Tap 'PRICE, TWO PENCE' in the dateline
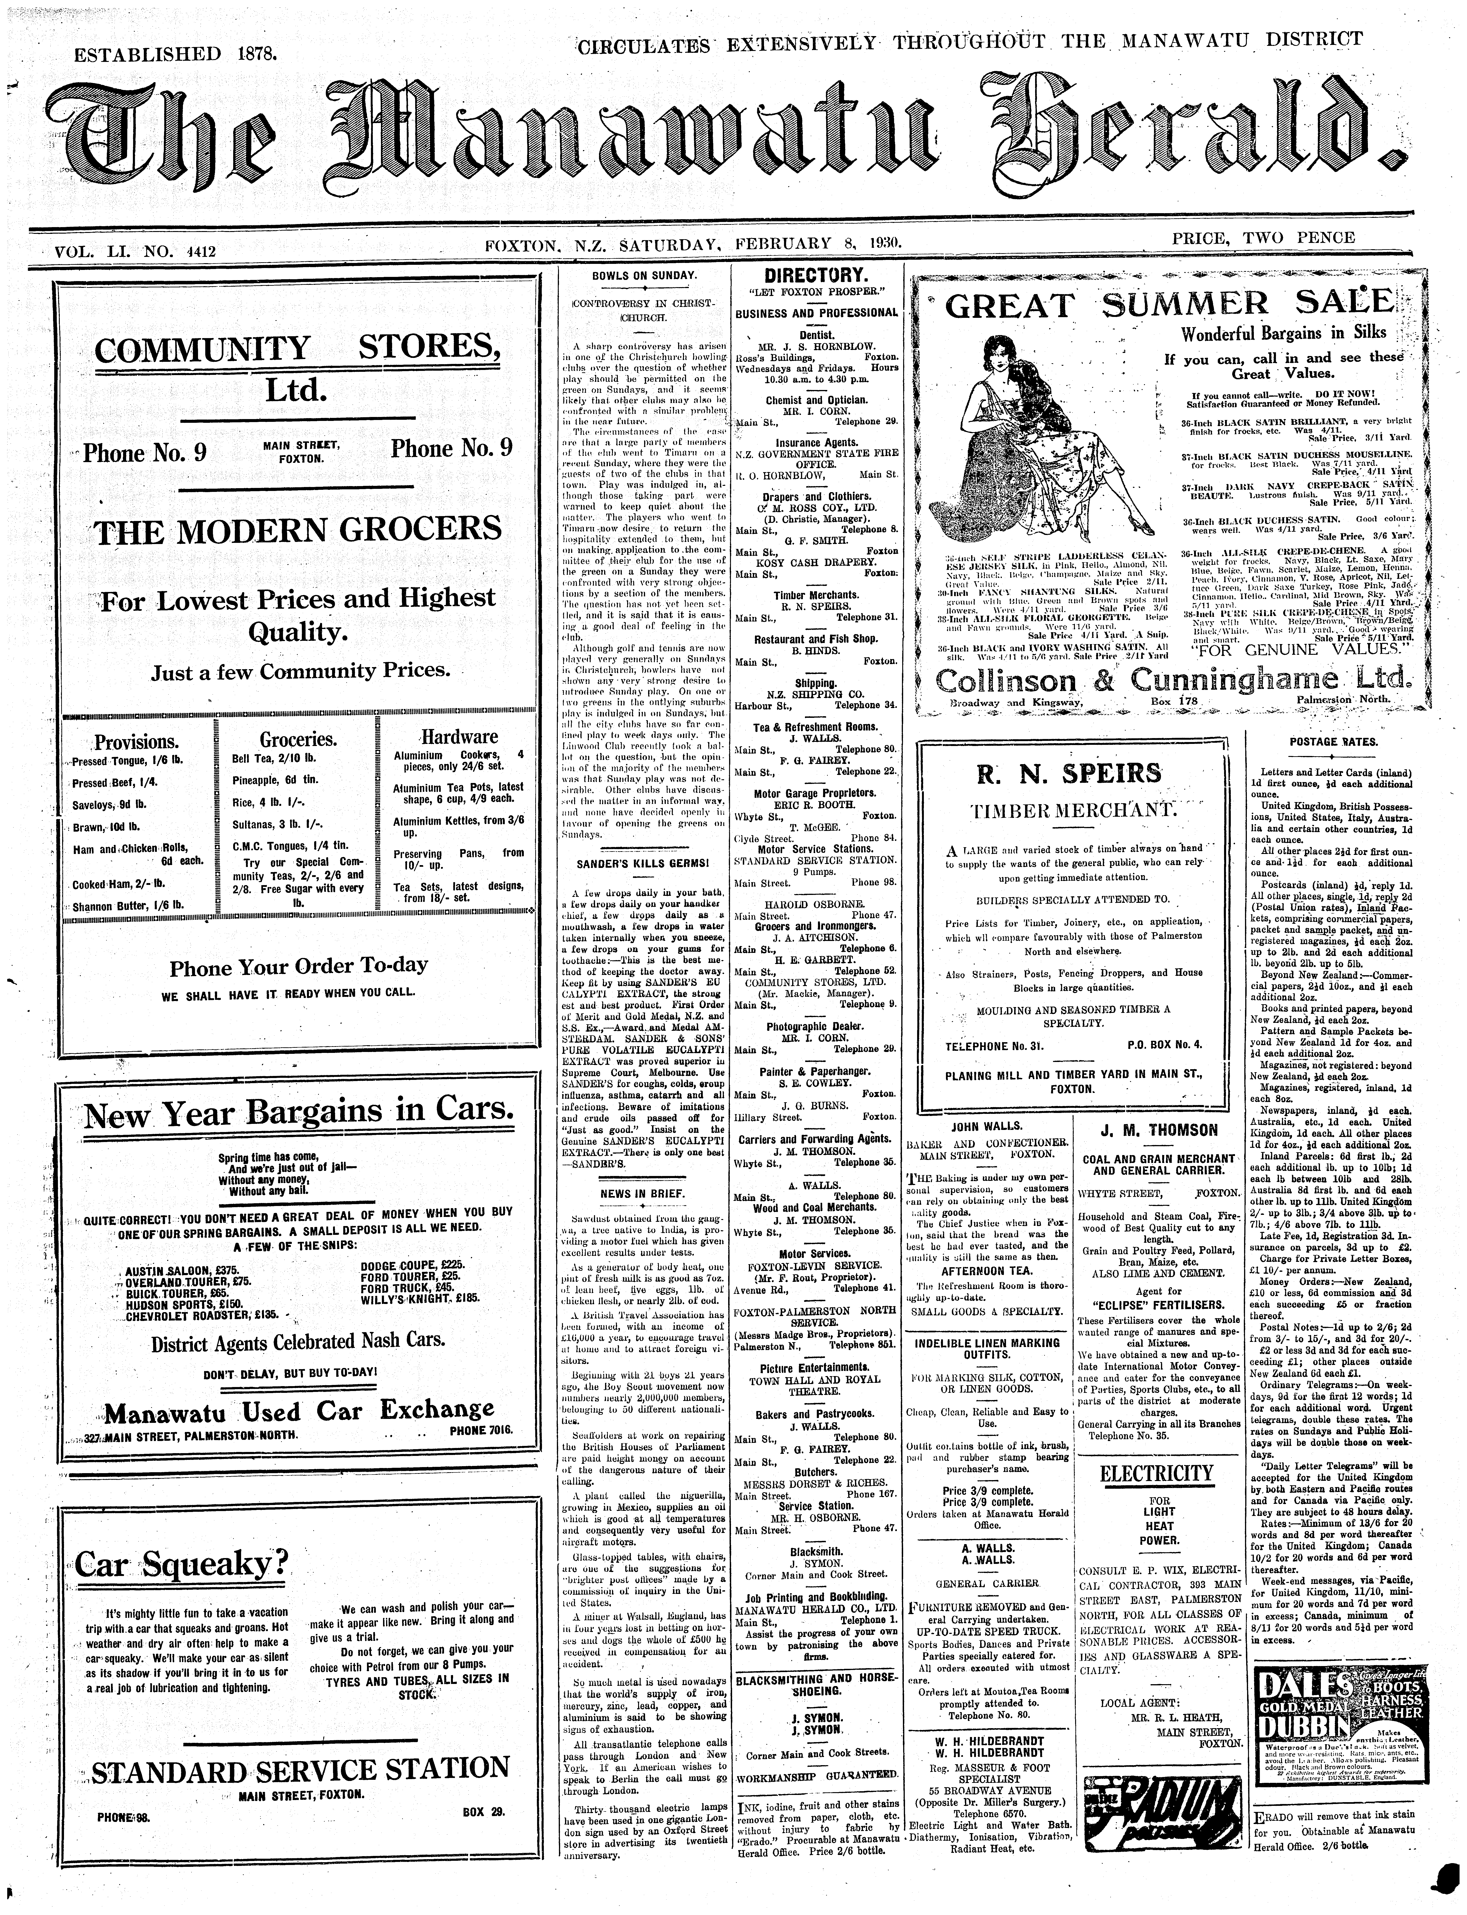pyautogui.click(x=1263, y=238)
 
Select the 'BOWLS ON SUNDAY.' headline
pyautogui.click(x=644, y=276)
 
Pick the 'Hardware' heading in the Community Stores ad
pyautogui.click(x=459, y=736)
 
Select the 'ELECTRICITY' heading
pyautogui.click(x=1157, y=1474)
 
